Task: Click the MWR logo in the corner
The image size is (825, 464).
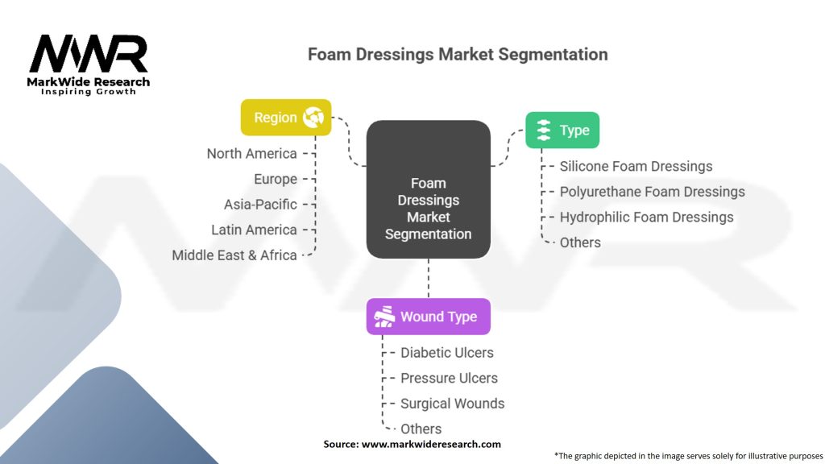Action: coord(89,64)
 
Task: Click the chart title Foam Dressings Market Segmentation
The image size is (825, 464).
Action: coord(458,54)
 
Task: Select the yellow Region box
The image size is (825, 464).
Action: coord(286,118)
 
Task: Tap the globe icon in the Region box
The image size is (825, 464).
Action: coord(313,118)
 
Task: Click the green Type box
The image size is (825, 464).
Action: coord(562,130)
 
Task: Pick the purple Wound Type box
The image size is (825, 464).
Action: coord(429,317)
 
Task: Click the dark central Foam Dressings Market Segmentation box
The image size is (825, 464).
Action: coord(429,189)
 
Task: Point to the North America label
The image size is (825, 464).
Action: coord(251,154)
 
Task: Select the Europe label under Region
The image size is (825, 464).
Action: coord(276,180)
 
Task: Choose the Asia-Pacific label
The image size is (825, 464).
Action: coord(260,205)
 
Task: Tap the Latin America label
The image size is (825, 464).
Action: coord(254,230)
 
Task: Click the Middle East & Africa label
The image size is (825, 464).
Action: coord(234,255)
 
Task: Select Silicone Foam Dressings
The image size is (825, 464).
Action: coord(636,166)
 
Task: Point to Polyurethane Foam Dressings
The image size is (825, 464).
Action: coord(653,192)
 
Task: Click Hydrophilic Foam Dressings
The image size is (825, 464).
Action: coord(647,217)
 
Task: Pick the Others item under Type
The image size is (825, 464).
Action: coord(580,242)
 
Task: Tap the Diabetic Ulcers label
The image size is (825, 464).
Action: coord(447,353)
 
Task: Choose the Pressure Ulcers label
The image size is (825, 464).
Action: coord(449,379)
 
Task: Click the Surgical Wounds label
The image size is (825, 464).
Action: coord(453,404)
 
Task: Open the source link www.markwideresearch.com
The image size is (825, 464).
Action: coord(431,444)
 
